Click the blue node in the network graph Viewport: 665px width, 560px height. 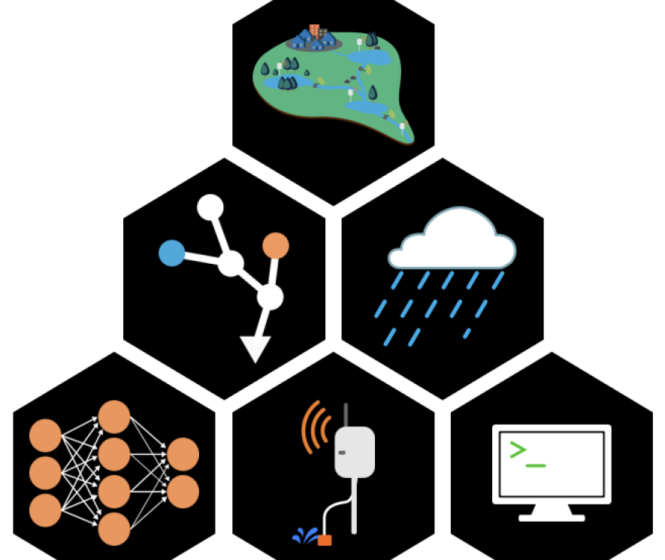pyautogui.click(x=172, y=253)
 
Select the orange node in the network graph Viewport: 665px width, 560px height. pyautogui.click(x=276, y=246)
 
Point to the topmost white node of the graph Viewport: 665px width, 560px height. pyautogui.click(x=210, y=207)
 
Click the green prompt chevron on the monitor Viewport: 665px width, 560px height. pyautogui.click(x=517, y=450)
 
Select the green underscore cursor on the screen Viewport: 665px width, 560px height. pyautogui.click(x=535, y=465)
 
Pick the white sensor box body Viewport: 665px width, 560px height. pyautogui.click(x=355, y=452)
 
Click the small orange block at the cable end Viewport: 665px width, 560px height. pyautogui.click(x=325, y=540)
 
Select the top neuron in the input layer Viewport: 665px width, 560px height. pyautogui.click(x=45, y=436)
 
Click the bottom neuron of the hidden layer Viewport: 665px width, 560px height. pyautogui.click(x=114, y=528)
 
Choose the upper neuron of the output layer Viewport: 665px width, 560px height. pyautogui.click(x=183, y=454)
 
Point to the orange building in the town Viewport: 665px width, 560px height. pyautogui.click(x=315, y=31)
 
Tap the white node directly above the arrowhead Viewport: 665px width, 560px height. pyautogui.click(x=270, y=298)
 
